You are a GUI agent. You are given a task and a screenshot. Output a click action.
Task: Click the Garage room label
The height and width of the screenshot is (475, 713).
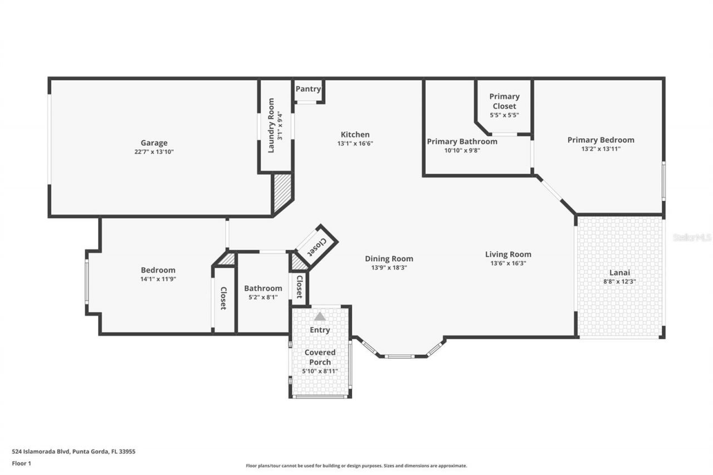pos(154,143)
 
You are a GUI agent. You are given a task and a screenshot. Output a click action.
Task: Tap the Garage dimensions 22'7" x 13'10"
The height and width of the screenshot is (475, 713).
pos(154,151)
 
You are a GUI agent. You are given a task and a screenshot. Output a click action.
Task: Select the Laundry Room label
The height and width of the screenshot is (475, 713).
pos(271,125)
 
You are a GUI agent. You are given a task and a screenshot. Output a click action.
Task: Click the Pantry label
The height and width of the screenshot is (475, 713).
pos(308,89)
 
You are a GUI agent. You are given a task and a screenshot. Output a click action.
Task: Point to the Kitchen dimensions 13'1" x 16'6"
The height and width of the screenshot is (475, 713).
pos(355,143)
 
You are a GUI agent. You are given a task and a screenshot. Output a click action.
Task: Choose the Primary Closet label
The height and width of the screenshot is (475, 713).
pos(504,101)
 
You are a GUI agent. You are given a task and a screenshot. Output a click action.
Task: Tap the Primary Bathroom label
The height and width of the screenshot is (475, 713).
pos(462,141)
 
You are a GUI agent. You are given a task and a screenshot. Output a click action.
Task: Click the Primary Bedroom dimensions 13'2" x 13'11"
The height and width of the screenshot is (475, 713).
pos(600,149)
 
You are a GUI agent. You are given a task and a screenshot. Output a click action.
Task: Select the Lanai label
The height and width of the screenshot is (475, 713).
pos(619,273)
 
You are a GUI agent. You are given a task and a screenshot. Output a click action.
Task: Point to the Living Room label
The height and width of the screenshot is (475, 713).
pos(508,254)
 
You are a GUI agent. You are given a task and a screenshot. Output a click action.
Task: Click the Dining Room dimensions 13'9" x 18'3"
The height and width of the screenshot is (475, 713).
pos(389,267)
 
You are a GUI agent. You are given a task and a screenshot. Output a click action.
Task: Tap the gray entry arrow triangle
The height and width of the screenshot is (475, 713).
pos(320,316)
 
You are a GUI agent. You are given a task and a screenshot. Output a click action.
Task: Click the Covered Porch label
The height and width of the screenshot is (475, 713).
pos(320,357)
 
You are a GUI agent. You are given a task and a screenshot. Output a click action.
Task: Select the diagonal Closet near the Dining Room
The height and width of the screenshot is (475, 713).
pos(315,244)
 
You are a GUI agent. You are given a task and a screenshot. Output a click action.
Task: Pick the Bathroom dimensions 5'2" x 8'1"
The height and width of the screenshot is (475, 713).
pos(263,297)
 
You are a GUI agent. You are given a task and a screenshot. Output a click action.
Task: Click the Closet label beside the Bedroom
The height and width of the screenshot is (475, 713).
pos(223,298)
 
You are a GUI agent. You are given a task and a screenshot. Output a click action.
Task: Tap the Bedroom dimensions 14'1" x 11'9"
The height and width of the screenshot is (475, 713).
pos(158,279)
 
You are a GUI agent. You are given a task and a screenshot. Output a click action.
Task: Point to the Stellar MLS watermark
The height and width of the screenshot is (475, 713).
pos(692,237)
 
